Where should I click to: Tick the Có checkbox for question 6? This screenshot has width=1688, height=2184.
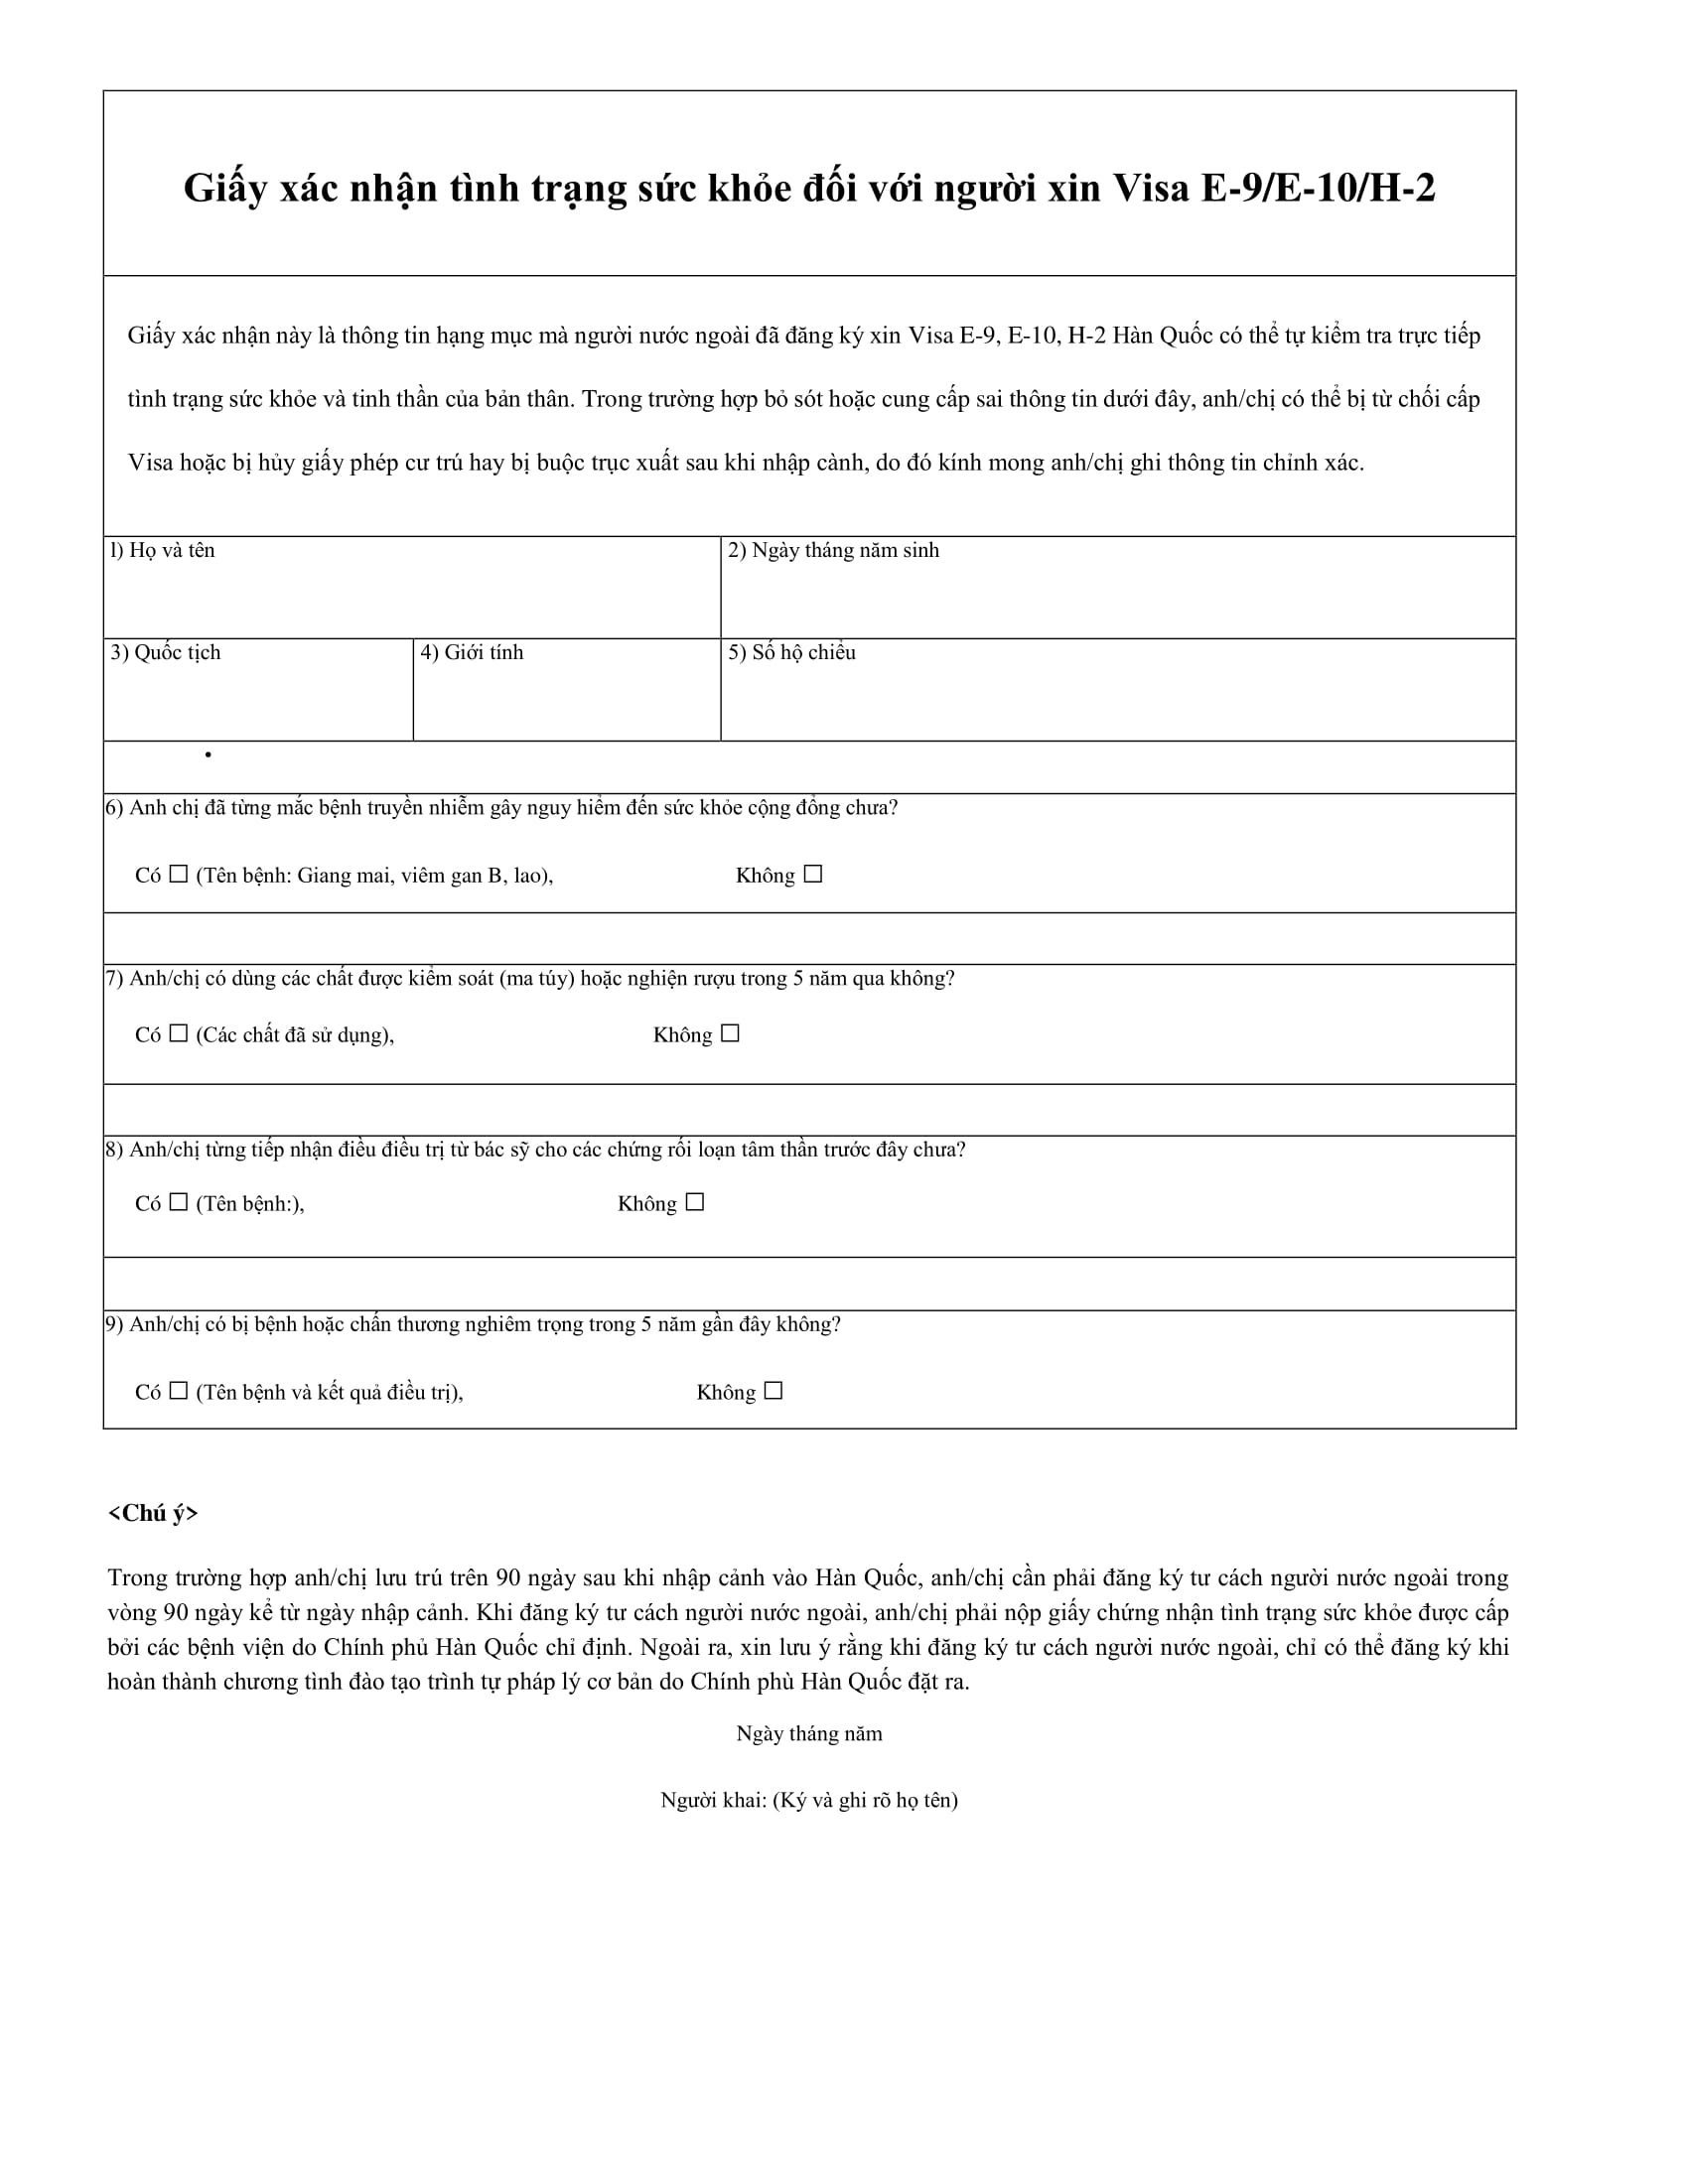[178, 874]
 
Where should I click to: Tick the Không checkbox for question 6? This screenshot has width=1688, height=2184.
[813, 874]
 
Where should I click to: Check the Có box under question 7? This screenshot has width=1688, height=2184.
[178, 1033]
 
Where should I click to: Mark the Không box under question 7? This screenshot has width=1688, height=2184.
[730, 1033]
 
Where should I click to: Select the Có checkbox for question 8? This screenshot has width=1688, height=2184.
[178, 1202]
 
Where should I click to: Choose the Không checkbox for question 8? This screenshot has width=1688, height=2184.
[695, 1202]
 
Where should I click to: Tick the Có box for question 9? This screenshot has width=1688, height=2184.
[178, 1390]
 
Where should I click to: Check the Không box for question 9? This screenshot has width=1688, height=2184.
[773, 1390]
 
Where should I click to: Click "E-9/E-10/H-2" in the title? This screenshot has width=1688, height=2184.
[1318, 188]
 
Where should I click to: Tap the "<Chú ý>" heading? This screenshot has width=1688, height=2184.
[153, 1513]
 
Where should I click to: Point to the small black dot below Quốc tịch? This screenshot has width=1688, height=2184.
[208, 754]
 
